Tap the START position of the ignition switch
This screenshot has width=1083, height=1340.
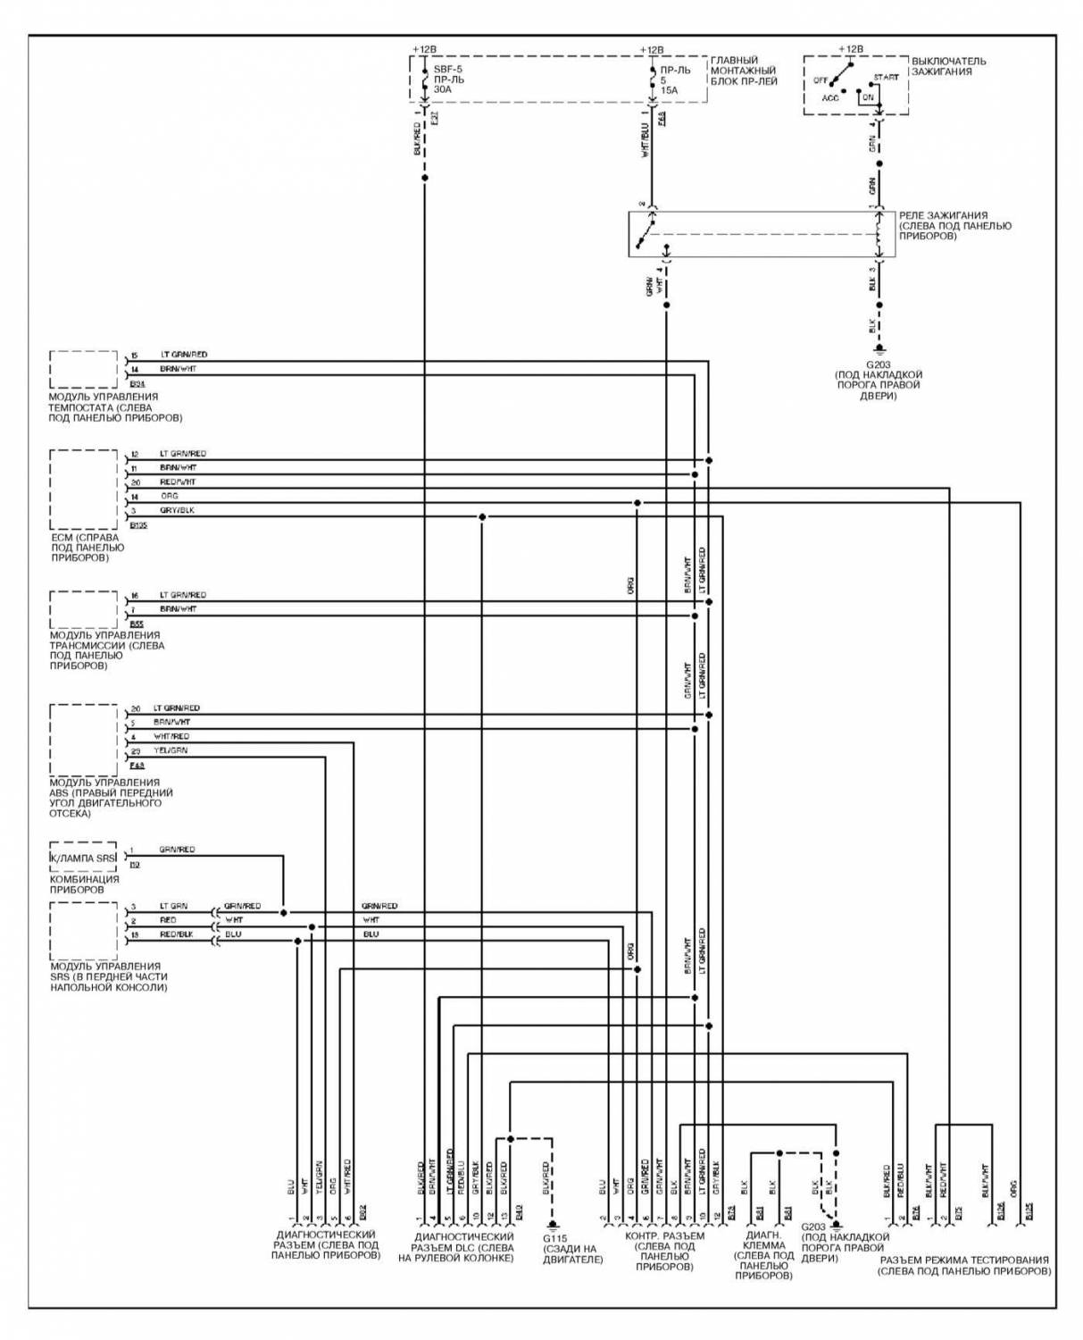pyautogui.click(x=886, y=78)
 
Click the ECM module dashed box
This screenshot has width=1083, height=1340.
pyautogui.click(x=84, y=490)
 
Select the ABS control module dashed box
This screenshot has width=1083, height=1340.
pyautogui.click(x=84, y=740)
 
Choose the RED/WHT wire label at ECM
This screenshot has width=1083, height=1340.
pyautogui.click(x=178, y=482)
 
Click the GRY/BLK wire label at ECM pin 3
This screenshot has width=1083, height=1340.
pyautogui.click(x=177, y=510)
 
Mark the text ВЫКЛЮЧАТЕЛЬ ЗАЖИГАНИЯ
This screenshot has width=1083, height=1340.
pyautogui.click(x=948, y=66)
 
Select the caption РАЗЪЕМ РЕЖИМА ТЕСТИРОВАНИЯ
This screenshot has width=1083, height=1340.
pyautogui.click(x=964, y=1266)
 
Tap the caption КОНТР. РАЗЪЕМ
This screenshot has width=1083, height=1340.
pyautogui.click(x=664, y=1247)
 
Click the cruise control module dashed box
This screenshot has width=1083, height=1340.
pyautogui.click(x=84, y=369)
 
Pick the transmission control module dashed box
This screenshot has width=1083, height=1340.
pyautogui.click(x=84, y=609)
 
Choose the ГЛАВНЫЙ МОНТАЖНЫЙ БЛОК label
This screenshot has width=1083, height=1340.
pyautogui.click(x=744, y=71)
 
